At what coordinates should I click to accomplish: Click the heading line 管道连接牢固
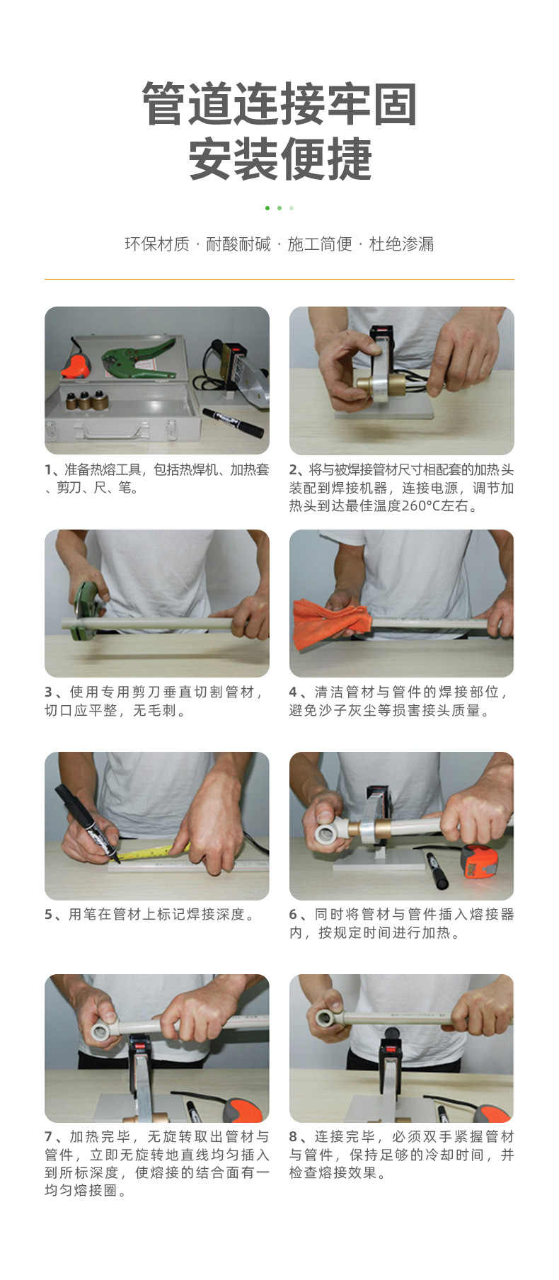pyautogui.click(x=279, y=105)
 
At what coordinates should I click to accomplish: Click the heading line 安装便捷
pyautogui.click(x=279, y=160)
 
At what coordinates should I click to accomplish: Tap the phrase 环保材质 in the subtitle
pyautogui.click(x=157, y=244)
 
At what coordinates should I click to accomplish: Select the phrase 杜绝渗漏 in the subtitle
pyautogui.click(x=401, y=244)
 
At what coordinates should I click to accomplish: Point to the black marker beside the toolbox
pyautogui.click(x=232, y=421)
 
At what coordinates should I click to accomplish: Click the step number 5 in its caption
pyautogui.click(x=48, y=915)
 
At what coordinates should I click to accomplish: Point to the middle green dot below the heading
pyautogui.click(x=279, y=208)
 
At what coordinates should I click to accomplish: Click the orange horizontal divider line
pyautogui.click(x=279, y=279)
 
